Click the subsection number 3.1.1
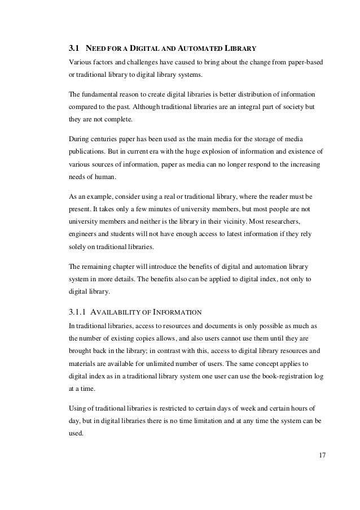tap(77, 311)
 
